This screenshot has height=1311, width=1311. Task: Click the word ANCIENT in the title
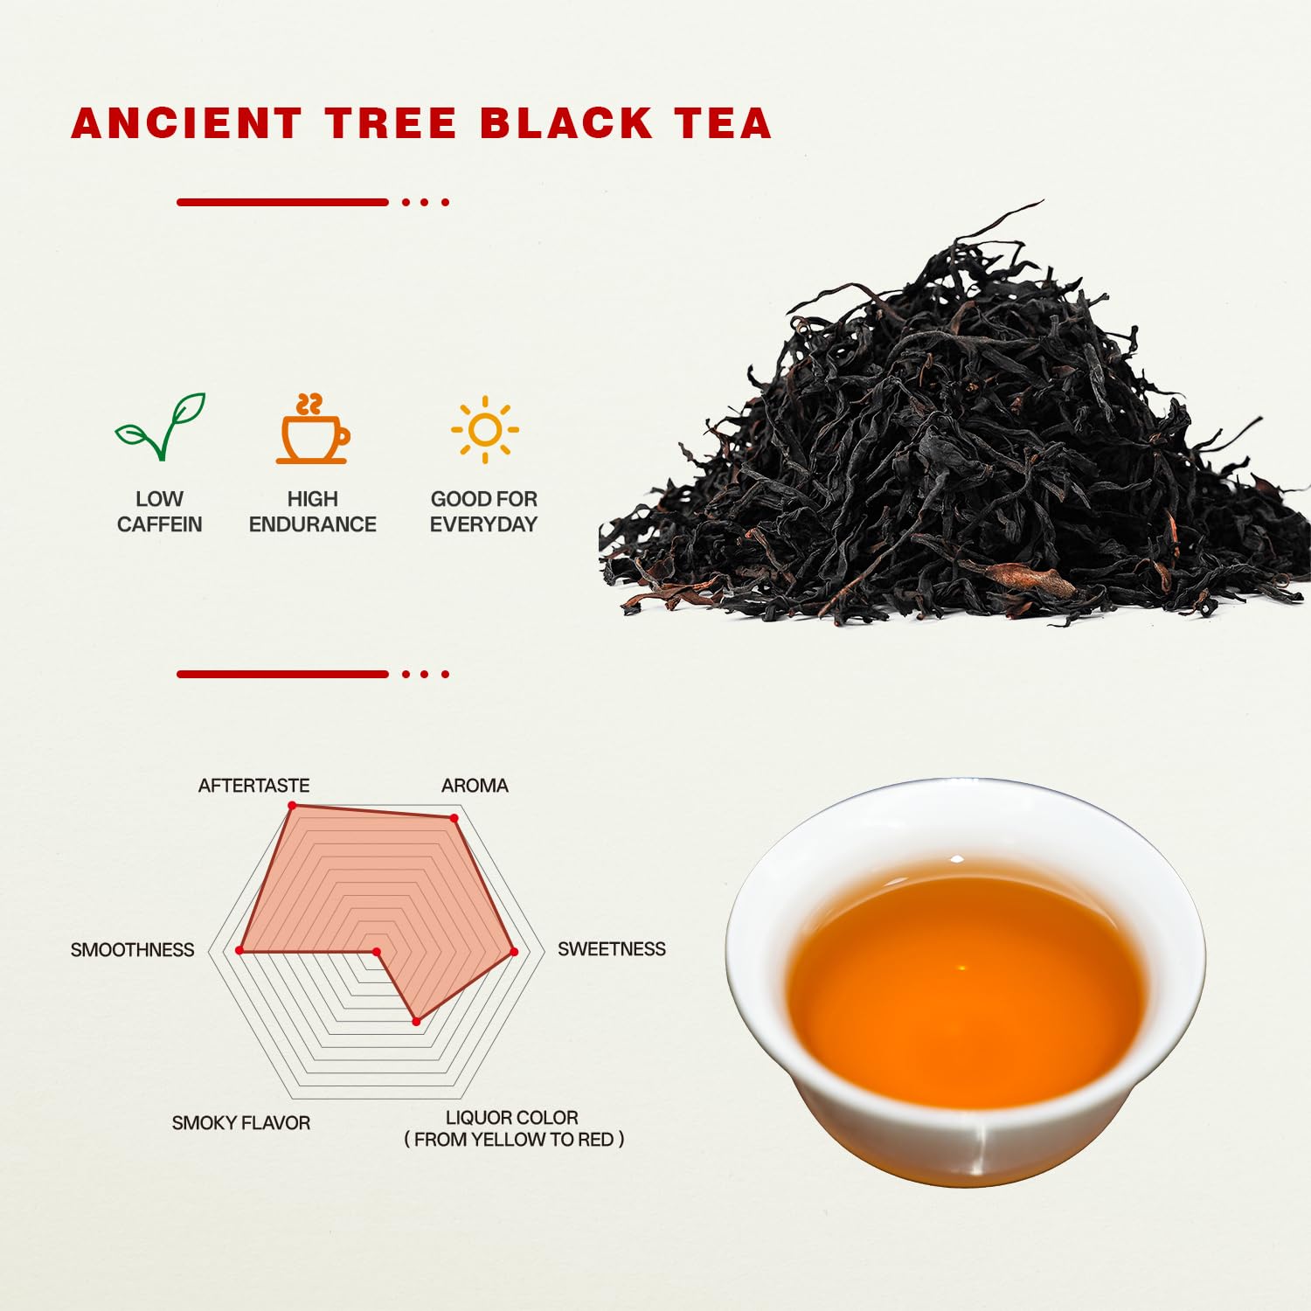click(187, 123)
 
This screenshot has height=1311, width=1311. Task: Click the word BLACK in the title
click(565, 123)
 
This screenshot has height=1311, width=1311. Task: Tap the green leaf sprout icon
click(161, 427)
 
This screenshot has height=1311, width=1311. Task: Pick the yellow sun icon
click(485, 429)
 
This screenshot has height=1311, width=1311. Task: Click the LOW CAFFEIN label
click(160, 511)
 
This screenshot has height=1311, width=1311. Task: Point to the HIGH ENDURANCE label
click(313, 511)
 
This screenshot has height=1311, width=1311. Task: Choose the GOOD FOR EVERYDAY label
click(484, 511)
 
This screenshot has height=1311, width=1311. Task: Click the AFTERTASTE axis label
click(254, 786)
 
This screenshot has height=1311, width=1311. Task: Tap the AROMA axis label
click(475, 786)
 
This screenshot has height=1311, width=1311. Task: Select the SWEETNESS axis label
click(612, 949)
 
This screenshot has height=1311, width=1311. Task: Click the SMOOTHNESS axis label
click(132, 950)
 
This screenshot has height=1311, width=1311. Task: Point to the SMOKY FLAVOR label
click(241, 1123)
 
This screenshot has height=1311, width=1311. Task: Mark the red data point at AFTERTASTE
click(292, 805)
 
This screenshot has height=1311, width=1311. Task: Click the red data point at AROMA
click(454, 818)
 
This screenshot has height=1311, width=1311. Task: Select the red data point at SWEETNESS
click(514, 952)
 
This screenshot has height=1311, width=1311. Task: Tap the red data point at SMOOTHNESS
click(239, 950)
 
